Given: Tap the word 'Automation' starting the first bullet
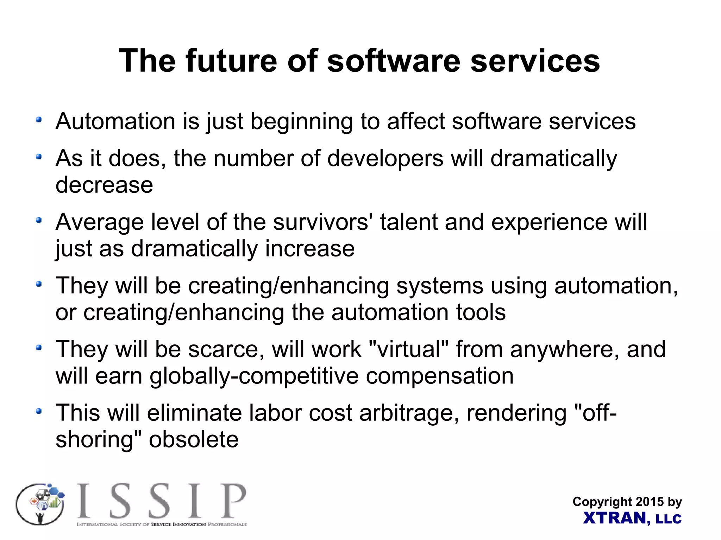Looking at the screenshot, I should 115,121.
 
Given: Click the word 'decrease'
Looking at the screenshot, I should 104,185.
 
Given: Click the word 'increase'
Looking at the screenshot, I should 309,249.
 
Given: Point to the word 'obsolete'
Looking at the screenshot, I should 194,440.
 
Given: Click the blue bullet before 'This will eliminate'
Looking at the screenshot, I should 39,411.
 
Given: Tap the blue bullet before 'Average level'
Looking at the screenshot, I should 39,221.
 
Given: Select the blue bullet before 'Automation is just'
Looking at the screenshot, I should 39,120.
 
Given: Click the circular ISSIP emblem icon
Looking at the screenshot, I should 40,504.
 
